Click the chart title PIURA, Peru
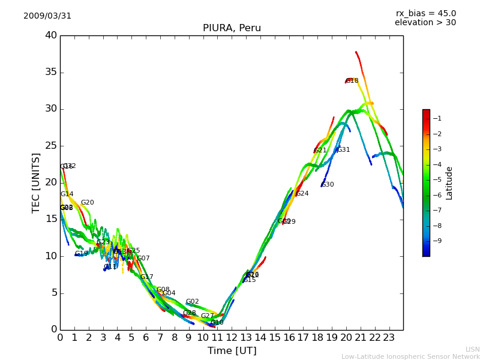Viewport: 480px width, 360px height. click(x=232, y=28)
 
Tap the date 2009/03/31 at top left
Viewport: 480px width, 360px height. click(x=47, y=16)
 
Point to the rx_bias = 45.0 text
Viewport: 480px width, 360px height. click(x=425, y=13)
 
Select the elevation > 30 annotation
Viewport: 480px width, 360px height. click(x=425, y=23)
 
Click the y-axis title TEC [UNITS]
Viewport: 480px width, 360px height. click(x=37, y=182)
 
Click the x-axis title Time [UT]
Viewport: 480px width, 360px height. click(x=232, y=351)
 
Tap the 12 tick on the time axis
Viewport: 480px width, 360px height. click(x=232, y=337)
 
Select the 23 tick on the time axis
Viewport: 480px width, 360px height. click(x=389, y=337)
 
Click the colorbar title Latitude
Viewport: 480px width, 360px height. click(x=449, y=183)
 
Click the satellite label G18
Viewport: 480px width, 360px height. click(x=352, y=81)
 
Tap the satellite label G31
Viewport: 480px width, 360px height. click(x=344, y=150)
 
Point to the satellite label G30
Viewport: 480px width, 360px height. click(x=328, y=185)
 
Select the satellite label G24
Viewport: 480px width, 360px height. click(x=302, y=194)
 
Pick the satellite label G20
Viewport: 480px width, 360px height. click(x=88, y=203)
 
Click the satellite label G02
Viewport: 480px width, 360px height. click(x=192, y=302)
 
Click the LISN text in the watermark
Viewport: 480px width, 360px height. click(x=472, y=349)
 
